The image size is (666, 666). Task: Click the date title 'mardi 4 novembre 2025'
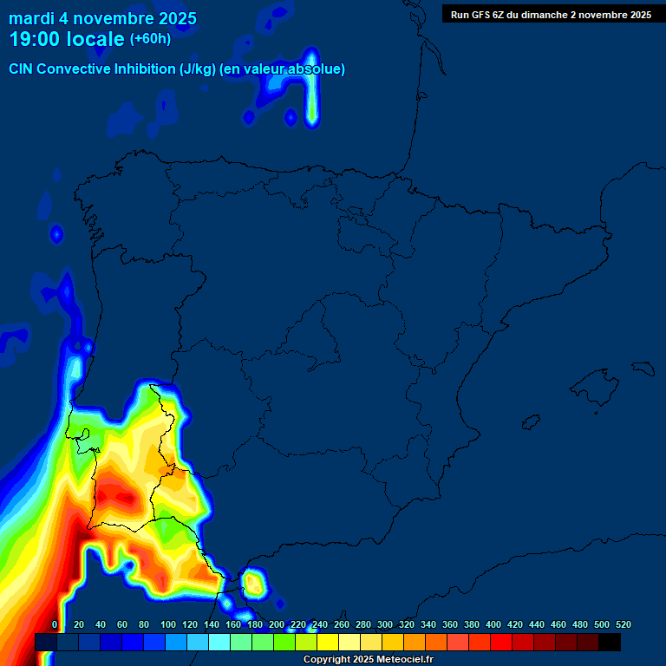(x=102, y=18)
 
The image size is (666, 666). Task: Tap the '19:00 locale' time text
(x=67, y=39)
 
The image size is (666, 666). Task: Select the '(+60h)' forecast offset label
(x=150, y=39)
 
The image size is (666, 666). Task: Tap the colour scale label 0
(x=55, y=624)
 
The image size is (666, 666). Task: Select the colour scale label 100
(x=167, y=624)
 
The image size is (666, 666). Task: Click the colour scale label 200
(x=276, y=624)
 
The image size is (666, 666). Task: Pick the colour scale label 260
(x=341, y=624)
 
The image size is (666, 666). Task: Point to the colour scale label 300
(x=384, y=624)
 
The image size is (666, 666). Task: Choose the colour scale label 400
(x=493, y=624)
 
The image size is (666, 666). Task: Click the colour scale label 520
(x=623, y=624)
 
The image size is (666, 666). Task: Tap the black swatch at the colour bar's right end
(x=609, y=642)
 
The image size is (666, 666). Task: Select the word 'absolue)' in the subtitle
(x=318, y=69)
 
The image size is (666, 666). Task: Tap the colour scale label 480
(x=579, y=624)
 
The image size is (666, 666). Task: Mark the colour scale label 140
(x=211, y=624)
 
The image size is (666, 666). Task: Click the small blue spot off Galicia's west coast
(x=57, y=233)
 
